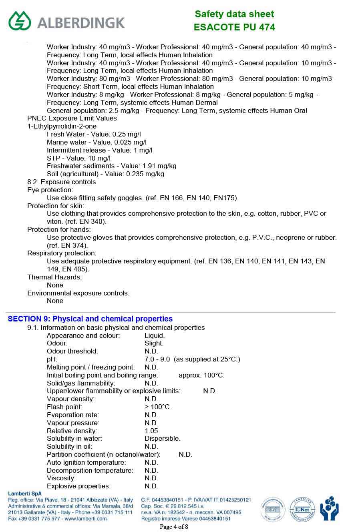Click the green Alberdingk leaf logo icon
point(20,21)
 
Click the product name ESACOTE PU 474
point(234,27)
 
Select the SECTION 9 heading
point(90,319)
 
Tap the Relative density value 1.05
point(151,431)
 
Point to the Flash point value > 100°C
point(158,407)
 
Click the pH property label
point(52,359)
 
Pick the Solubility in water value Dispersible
point(162,439)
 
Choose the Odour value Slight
point(154,343)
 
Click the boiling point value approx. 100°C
point(201,375)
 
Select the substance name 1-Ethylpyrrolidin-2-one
point(62,126)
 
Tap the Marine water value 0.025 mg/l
point(130,143)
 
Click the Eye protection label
point(50,190)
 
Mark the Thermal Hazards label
point(54,277)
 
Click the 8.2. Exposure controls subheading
point(61,182)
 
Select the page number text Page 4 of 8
point(174,527)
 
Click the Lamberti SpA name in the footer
point(24,494)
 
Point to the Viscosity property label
point(61,478)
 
